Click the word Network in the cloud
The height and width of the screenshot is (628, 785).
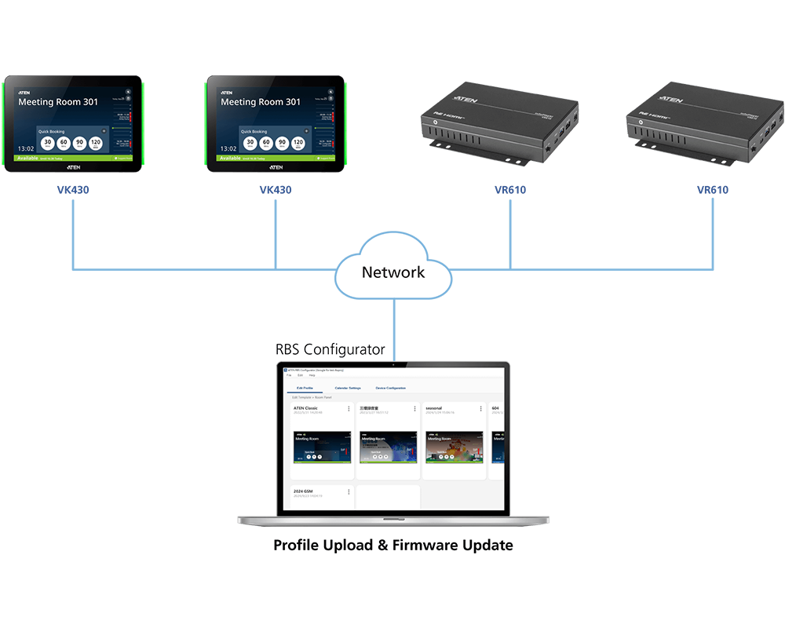click(x=392, y=272)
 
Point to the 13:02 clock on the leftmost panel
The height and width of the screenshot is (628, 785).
click(x=26, y=148)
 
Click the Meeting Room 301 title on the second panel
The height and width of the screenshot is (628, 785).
click(x=260, y=102)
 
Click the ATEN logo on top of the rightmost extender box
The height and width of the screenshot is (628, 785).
click(x=670, y=100)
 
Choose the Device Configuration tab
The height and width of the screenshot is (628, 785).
click(x=391, y=388)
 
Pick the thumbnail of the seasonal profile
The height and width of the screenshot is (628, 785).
click(x=454, y=447)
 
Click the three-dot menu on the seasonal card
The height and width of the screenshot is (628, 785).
click(x=480, y=409)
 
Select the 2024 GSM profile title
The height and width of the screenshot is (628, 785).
click(x=304, y=491)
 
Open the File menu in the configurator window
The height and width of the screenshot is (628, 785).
click(x=288, y=375)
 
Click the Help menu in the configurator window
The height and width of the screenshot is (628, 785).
click(x=312, y=375)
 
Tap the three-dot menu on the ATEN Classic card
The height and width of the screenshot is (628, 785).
click(x=349, y=409)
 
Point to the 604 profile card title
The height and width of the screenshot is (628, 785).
click(x=495, y=408)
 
